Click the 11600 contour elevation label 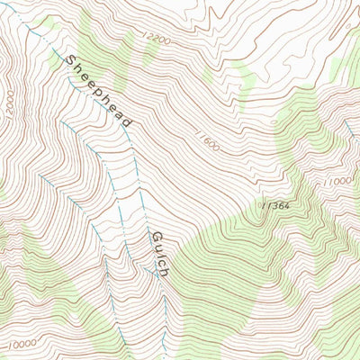pos(205,140)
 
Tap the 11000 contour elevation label pos(339,180)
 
